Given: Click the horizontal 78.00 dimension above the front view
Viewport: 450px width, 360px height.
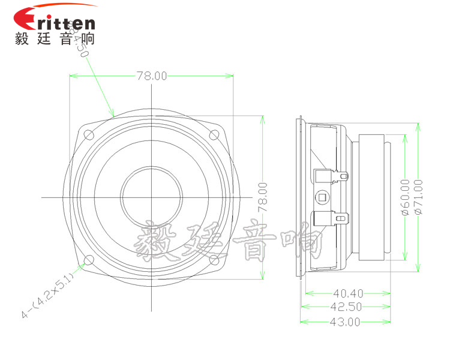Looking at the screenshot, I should point(151,76).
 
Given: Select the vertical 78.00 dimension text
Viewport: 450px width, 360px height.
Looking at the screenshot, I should point(262,197).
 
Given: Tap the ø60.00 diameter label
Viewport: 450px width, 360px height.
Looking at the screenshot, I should point(405,197).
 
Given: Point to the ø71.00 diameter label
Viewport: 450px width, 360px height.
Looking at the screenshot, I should point(418,197).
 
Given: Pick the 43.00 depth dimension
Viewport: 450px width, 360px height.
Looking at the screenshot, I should point(345,322).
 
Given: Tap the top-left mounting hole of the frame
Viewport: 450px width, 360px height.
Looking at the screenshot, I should point(88,134).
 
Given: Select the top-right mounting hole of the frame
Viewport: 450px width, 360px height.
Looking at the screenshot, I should point(214,134).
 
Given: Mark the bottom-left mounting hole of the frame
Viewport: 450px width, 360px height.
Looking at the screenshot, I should point(88,260).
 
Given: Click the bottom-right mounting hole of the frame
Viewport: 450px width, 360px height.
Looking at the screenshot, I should point(214,260).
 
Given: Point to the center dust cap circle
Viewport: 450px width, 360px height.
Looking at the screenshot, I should point(151,197).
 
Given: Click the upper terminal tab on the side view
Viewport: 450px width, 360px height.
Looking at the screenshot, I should point(330,176).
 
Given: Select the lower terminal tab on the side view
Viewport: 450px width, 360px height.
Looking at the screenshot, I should point(330,218).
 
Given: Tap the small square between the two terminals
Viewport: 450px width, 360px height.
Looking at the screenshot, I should point(322,197).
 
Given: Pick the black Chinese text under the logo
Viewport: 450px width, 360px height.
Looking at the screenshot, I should point(54,39).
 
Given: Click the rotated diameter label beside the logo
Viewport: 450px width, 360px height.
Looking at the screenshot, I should point(79,39).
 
